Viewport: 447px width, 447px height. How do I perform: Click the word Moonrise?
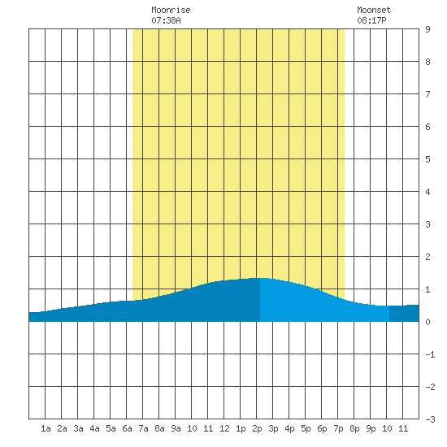tap(171, 10)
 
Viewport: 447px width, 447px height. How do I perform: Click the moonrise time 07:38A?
tap(166, 20)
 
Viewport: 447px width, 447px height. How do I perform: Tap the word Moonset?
tap(374, 10)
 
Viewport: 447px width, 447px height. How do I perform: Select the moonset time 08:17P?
tap(371, 20)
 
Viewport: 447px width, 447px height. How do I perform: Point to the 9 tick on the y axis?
tap(427, 29)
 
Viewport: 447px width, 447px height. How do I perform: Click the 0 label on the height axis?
tap(427, 322)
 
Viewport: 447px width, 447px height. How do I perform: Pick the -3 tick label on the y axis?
tap(430, 419)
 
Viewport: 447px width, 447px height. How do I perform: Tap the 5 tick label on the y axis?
tap(427, 159)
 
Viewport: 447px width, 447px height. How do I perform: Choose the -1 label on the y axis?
tap(430, 354)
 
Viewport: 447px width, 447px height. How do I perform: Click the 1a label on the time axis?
tap(46, 428)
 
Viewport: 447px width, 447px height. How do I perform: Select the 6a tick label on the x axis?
tap(127, 428)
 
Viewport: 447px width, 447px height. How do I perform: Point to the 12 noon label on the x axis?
tap(224, 428)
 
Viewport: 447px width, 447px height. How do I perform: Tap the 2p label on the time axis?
tap(257, 428)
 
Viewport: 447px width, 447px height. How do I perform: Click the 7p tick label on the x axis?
tap(338, 428)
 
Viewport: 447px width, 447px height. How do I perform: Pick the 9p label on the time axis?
tap(371, 428)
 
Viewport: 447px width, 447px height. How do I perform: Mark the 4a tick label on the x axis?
tap(94, 428)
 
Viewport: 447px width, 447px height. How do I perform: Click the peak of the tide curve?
tap(260, 278)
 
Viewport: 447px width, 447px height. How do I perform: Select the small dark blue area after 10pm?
tap(404, 313)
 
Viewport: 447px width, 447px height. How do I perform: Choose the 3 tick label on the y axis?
tap(427, 224)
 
